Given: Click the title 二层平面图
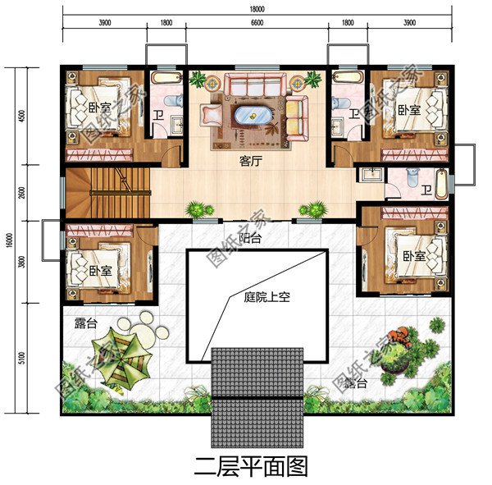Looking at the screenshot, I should click(251, 467).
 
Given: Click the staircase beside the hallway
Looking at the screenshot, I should click(107, 191).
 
